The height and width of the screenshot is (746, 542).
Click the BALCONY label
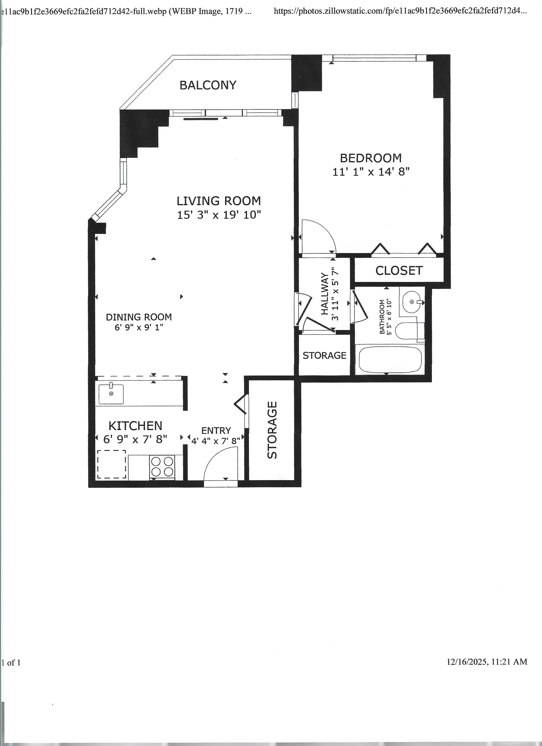click(208, 85)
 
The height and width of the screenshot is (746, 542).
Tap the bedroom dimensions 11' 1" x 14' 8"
click(371, 172)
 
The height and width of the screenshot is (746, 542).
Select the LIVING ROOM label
click(219, 201)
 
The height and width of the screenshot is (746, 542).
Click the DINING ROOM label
click(139, 317)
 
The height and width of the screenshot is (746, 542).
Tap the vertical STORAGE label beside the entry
click(272, 430)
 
